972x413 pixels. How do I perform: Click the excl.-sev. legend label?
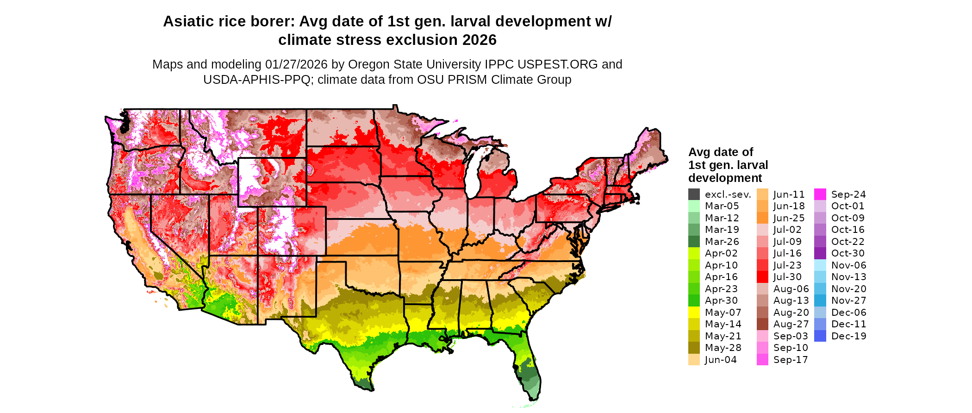tap(728, 194)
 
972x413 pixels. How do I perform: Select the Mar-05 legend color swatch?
tap(694, 206)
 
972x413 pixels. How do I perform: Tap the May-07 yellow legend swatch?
tap(694, 313)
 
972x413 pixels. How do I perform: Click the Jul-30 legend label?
tap(787, 277)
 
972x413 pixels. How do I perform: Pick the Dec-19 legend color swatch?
tap(820, 336)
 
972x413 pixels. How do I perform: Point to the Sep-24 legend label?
tap(848, 194)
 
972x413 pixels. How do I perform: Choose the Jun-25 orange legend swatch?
tap(762, 218)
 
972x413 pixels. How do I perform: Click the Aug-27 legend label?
tap(791, 324)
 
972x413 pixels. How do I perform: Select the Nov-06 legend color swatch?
tap(820, 265)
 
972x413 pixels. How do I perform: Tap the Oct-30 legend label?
tap(847, 253)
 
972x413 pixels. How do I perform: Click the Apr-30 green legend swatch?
tap(694, 300)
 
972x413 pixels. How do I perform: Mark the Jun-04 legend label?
tap(721, 360)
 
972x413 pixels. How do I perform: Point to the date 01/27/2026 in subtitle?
tap(296, 64)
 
